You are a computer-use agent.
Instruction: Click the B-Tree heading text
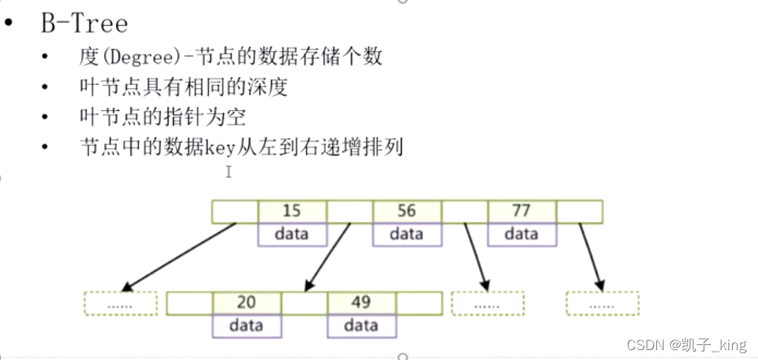coord(84,23)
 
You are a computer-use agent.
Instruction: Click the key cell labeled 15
coord(292,211)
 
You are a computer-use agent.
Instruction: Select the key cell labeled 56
coord(406,211)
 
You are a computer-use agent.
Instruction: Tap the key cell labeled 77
coord(521,211)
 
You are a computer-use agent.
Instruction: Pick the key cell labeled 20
coord(246,303)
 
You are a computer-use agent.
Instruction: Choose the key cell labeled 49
coord(361,303)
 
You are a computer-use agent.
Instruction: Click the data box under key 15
coord(292,234)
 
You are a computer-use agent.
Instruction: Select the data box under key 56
coord(406,234)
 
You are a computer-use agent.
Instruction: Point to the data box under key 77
coord(521,234)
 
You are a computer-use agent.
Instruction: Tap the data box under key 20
coord(246,326)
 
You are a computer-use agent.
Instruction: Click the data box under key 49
coord(361,326)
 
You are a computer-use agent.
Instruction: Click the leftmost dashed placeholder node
coord(120,304)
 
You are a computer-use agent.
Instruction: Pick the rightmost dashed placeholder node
coord(602,304)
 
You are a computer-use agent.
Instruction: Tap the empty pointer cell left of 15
coord(235,211)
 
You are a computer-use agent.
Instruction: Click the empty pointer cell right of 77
coord(579,211)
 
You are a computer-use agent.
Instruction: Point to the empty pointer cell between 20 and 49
coord(304,303)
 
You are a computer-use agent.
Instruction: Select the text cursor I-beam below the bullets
coord(228,172)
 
